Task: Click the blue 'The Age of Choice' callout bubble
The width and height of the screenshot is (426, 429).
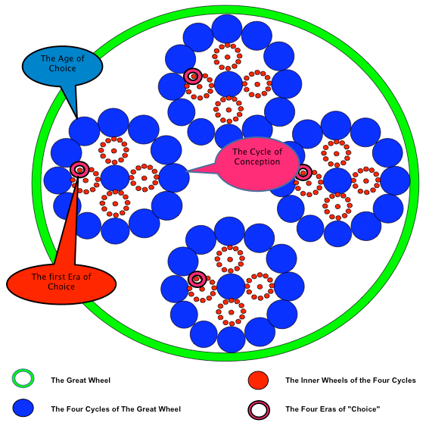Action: point(62,66)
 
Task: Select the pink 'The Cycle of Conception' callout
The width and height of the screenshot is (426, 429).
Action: point(257,164)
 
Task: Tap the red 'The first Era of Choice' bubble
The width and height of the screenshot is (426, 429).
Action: point(61,284)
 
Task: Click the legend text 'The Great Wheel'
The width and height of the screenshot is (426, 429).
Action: point(80,380)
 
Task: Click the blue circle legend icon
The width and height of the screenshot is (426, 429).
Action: point(23,408)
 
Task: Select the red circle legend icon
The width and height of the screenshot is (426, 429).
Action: point(258,380)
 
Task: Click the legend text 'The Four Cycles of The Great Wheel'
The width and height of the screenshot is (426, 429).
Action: point(116,409)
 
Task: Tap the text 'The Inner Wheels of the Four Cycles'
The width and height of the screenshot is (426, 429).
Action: point(350,380)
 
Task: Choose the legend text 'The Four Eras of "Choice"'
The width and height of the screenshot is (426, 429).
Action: point(333,409)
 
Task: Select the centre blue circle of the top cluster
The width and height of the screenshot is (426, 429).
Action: point(229,84)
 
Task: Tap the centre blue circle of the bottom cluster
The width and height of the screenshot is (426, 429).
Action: point(231,287)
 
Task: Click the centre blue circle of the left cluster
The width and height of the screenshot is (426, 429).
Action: point(115,178)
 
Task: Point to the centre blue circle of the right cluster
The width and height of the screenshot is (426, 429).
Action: point(337,180)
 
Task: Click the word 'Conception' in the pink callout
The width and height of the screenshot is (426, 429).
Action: point(257,161)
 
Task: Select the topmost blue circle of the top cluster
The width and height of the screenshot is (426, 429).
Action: point(227,29)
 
